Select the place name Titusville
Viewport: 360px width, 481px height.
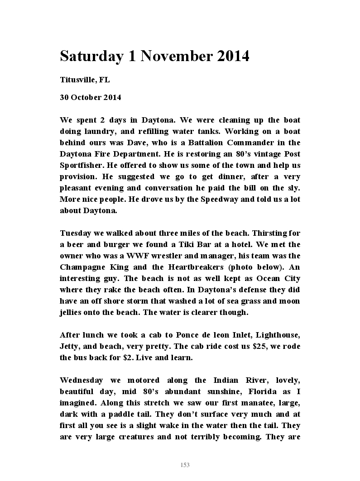77,80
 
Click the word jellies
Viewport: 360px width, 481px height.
73,313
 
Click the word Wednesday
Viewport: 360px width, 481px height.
81,381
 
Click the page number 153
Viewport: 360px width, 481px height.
185,465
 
